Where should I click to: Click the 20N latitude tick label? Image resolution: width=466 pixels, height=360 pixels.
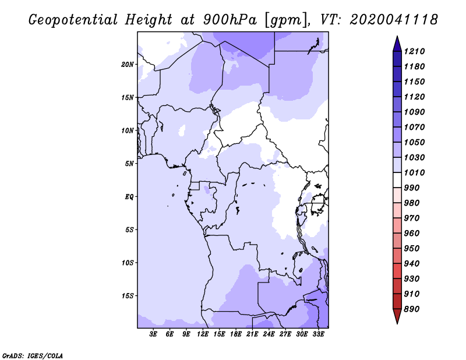coord(127,65)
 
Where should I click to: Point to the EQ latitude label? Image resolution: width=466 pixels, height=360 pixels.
coord(129,197)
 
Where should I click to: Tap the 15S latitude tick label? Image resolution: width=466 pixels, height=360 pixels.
coord(128,296)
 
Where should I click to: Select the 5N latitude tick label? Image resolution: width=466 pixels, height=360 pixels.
coord(129,164)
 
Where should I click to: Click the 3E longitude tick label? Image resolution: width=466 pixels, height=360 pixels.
coord(153,334)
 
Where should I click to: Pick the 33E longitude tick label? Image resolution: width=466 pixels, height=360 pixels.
coord(318,334)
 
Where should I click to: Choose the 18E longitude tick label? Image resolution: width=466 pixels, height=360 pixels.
coord(236,334)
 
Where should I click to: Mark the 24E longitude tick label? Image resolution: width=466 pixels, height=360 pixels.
coord(269,334)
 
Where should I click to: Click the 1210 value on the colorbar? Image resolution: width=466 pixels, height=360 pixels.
coord(414,51)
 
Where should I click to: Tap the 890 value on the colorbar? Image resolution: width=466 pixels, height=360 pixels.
coord(412,309)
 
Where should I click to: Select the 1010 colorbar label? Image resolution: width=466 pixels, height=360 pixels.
coord(414,172)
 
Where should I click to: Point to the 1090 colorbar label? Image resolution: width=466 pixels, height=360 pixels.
coord(414,112)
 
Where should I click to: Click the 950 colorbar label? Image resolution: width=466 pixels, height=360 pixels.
coord(412,249)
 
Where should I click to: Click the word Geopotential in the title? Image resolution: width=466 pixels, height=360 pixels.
coord(73,20)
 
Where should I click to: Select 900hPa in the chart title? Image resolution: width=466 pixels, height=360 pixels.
coord(230,20)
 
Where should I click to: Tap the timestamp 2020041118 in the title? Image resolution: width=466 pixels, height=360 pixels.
coord(394,20)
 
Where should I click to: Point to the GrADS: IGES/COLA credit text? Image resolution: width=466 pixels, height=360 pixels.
coord(33,356)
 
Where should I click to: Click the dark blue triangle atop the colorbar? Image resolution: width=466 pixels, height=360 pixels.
coord(397,44)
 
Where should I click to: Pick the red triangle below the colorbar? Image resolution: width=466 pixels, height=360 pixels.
coord(397,316)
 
